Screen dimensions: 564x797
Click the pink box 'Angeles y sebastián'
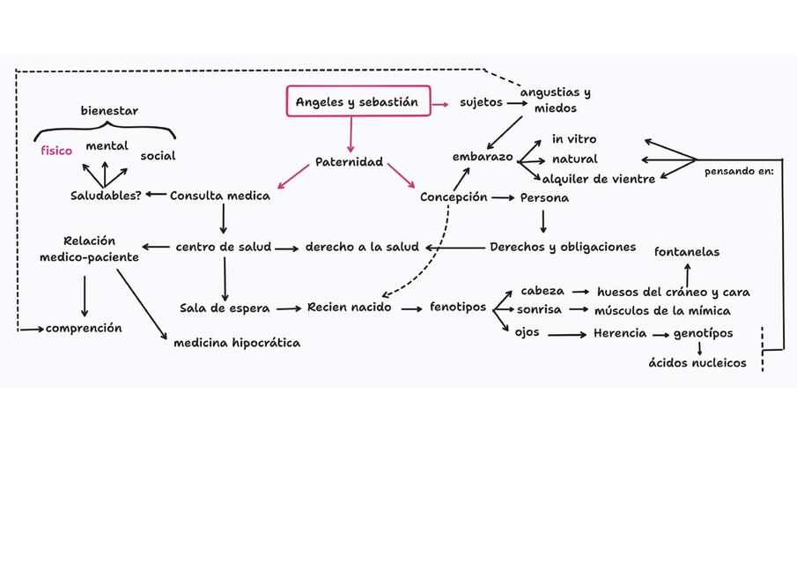point(357,102)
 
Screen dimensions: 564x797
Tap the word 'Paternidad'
point(350,162)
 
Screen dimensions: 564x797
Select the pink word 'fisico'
point(56,151)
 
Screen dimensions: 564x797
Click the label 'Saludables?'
point(106,196)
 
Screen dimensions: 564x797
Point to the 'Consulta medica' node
point(220,196)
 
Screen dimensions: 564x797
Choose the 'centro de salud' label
point(224,247)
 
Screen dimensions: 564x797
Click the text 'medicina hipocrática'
point(237,343)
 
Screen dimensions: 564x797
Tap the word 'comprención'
point(84,328)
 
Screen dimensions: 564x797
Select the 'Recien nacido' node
point(350,307)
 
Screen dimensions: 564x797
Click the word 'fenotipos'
point(458,307)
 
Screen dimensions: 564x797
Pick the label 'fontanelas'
point(687,252)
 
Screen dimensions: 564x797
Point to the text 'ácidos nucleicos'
point(697,362)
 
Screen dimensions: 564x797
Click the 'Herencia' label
point(620,333)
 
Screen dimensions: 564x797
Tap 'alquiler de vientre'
point(600,179)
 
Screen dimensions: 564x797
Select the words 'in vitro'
point(574,139)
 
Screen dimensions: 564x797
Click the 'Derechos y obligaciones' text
point(563,247)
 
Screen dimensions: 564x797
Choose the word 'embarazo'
point(483,156)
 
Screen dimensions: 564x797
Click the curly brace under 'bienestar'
point(106,132)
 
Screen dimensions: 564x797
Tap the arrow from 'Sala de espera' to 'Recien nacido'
point(287,308)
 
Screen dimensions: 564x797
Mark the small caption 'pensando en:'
point(739,172)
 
